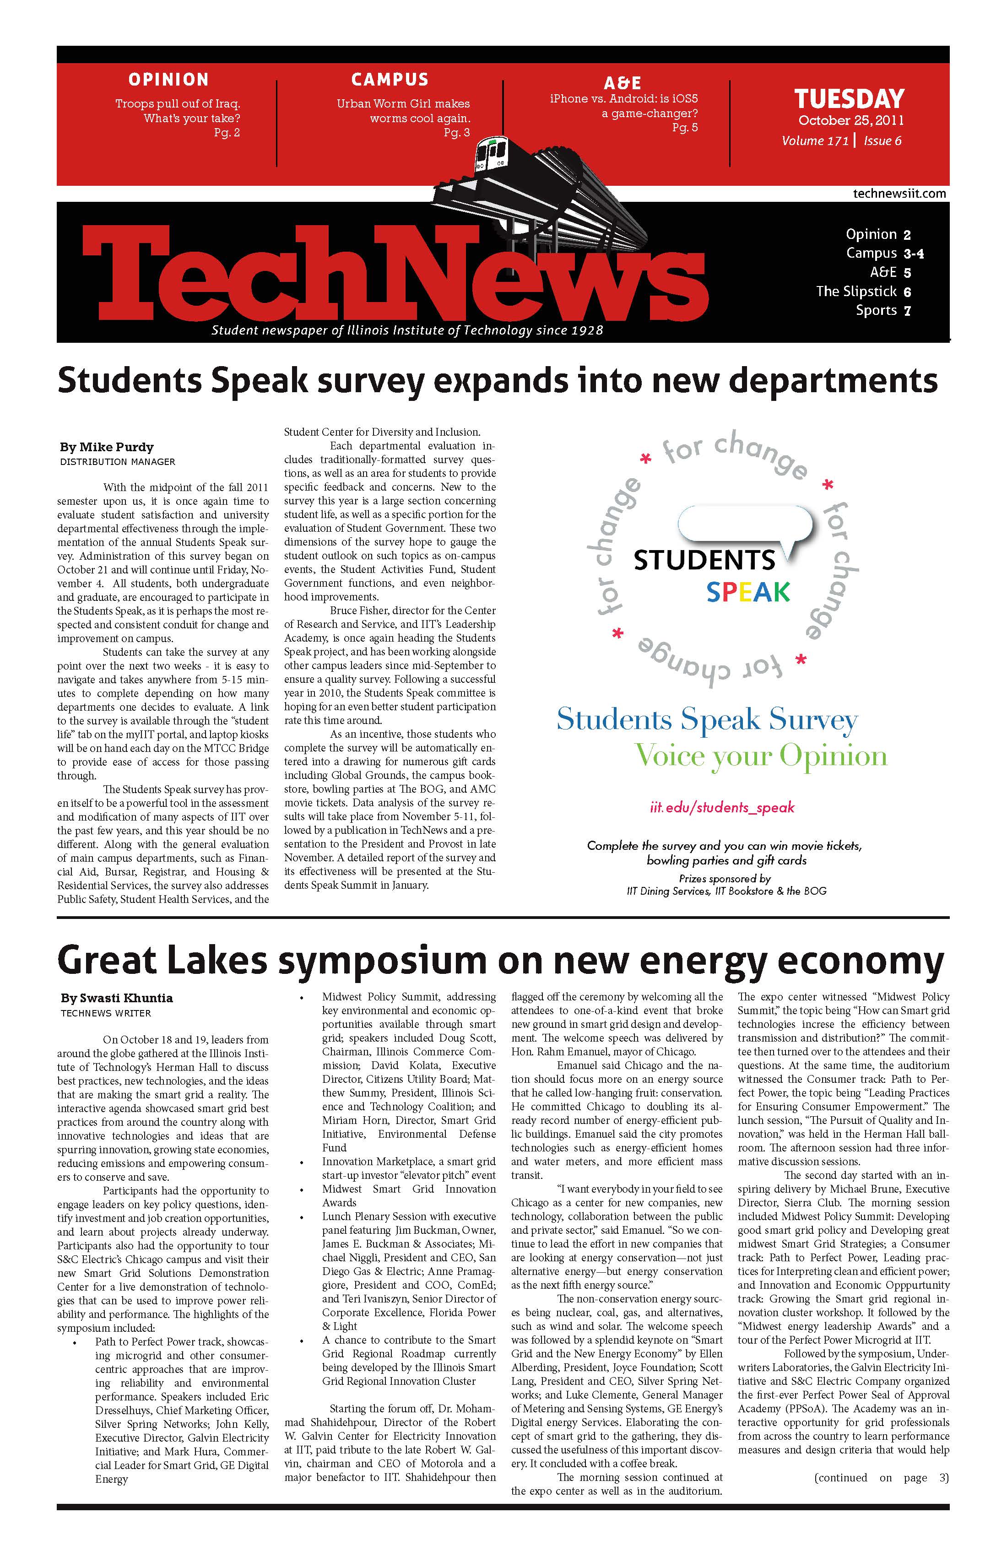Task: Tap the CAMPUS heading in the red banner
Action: coord(390,80)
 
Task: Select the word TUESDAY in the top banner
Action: coord(849,99)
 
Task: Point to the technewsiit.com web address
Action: coord(899,194)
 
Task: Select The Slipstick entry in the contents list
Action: coord(856,292)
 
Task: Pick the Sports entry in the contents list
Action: coord(876,311)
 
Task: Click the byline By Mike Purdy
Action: coord(107,447)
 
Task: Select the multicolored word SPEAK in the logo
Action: coord(748,592)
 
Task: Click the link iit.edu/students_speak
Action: coord(722,807)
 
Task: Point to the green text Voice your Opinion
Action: coord(760,756)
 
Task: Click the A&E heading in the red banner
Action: coord(622,83)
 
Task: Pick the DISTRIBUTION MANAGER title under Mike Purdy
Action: coord(118,462)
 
